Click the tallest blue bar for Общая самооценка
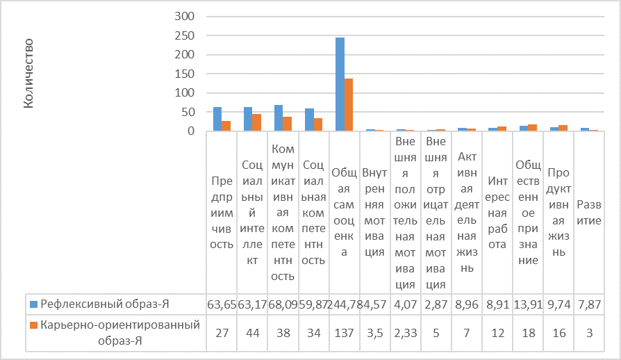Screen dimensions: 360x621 [x=340, y=84]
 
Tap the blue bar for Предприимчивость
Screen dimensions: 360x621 [x=217, y=119]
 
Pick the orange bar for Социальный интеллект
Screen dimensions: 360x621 [x=257, y=122]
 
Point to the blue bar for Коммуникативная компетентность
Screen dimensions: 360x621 [x=279, y=118]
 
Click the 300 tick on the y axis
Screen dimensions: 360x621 [x=188, y=16]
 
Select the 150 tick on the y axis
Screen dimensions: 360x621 [x=188, y=74]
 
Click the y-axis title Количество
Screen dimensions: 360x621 [x=29, y=74]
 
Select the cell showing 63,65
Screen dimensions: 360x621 [x=222, y=304]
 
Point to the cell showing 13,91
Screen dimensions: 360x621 [x=528, y=304]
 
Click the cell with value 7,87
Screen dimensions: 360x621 [x=589, y=304]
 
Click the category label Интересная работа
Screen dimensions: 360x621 [x=497, y=211]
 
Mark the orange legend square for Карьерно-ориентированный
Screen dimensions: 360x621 [x=33, y=325]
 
